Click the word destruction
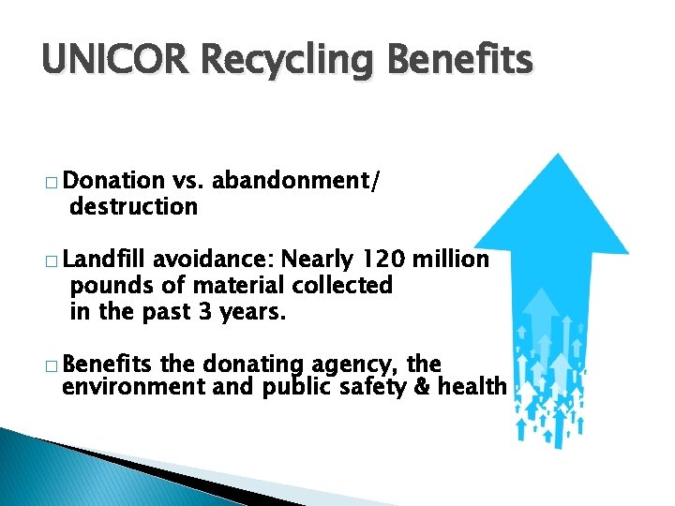133,205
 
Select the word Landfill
108,259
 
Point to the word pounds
106,285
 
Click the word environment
133,387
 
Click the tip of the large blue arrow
560,156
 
